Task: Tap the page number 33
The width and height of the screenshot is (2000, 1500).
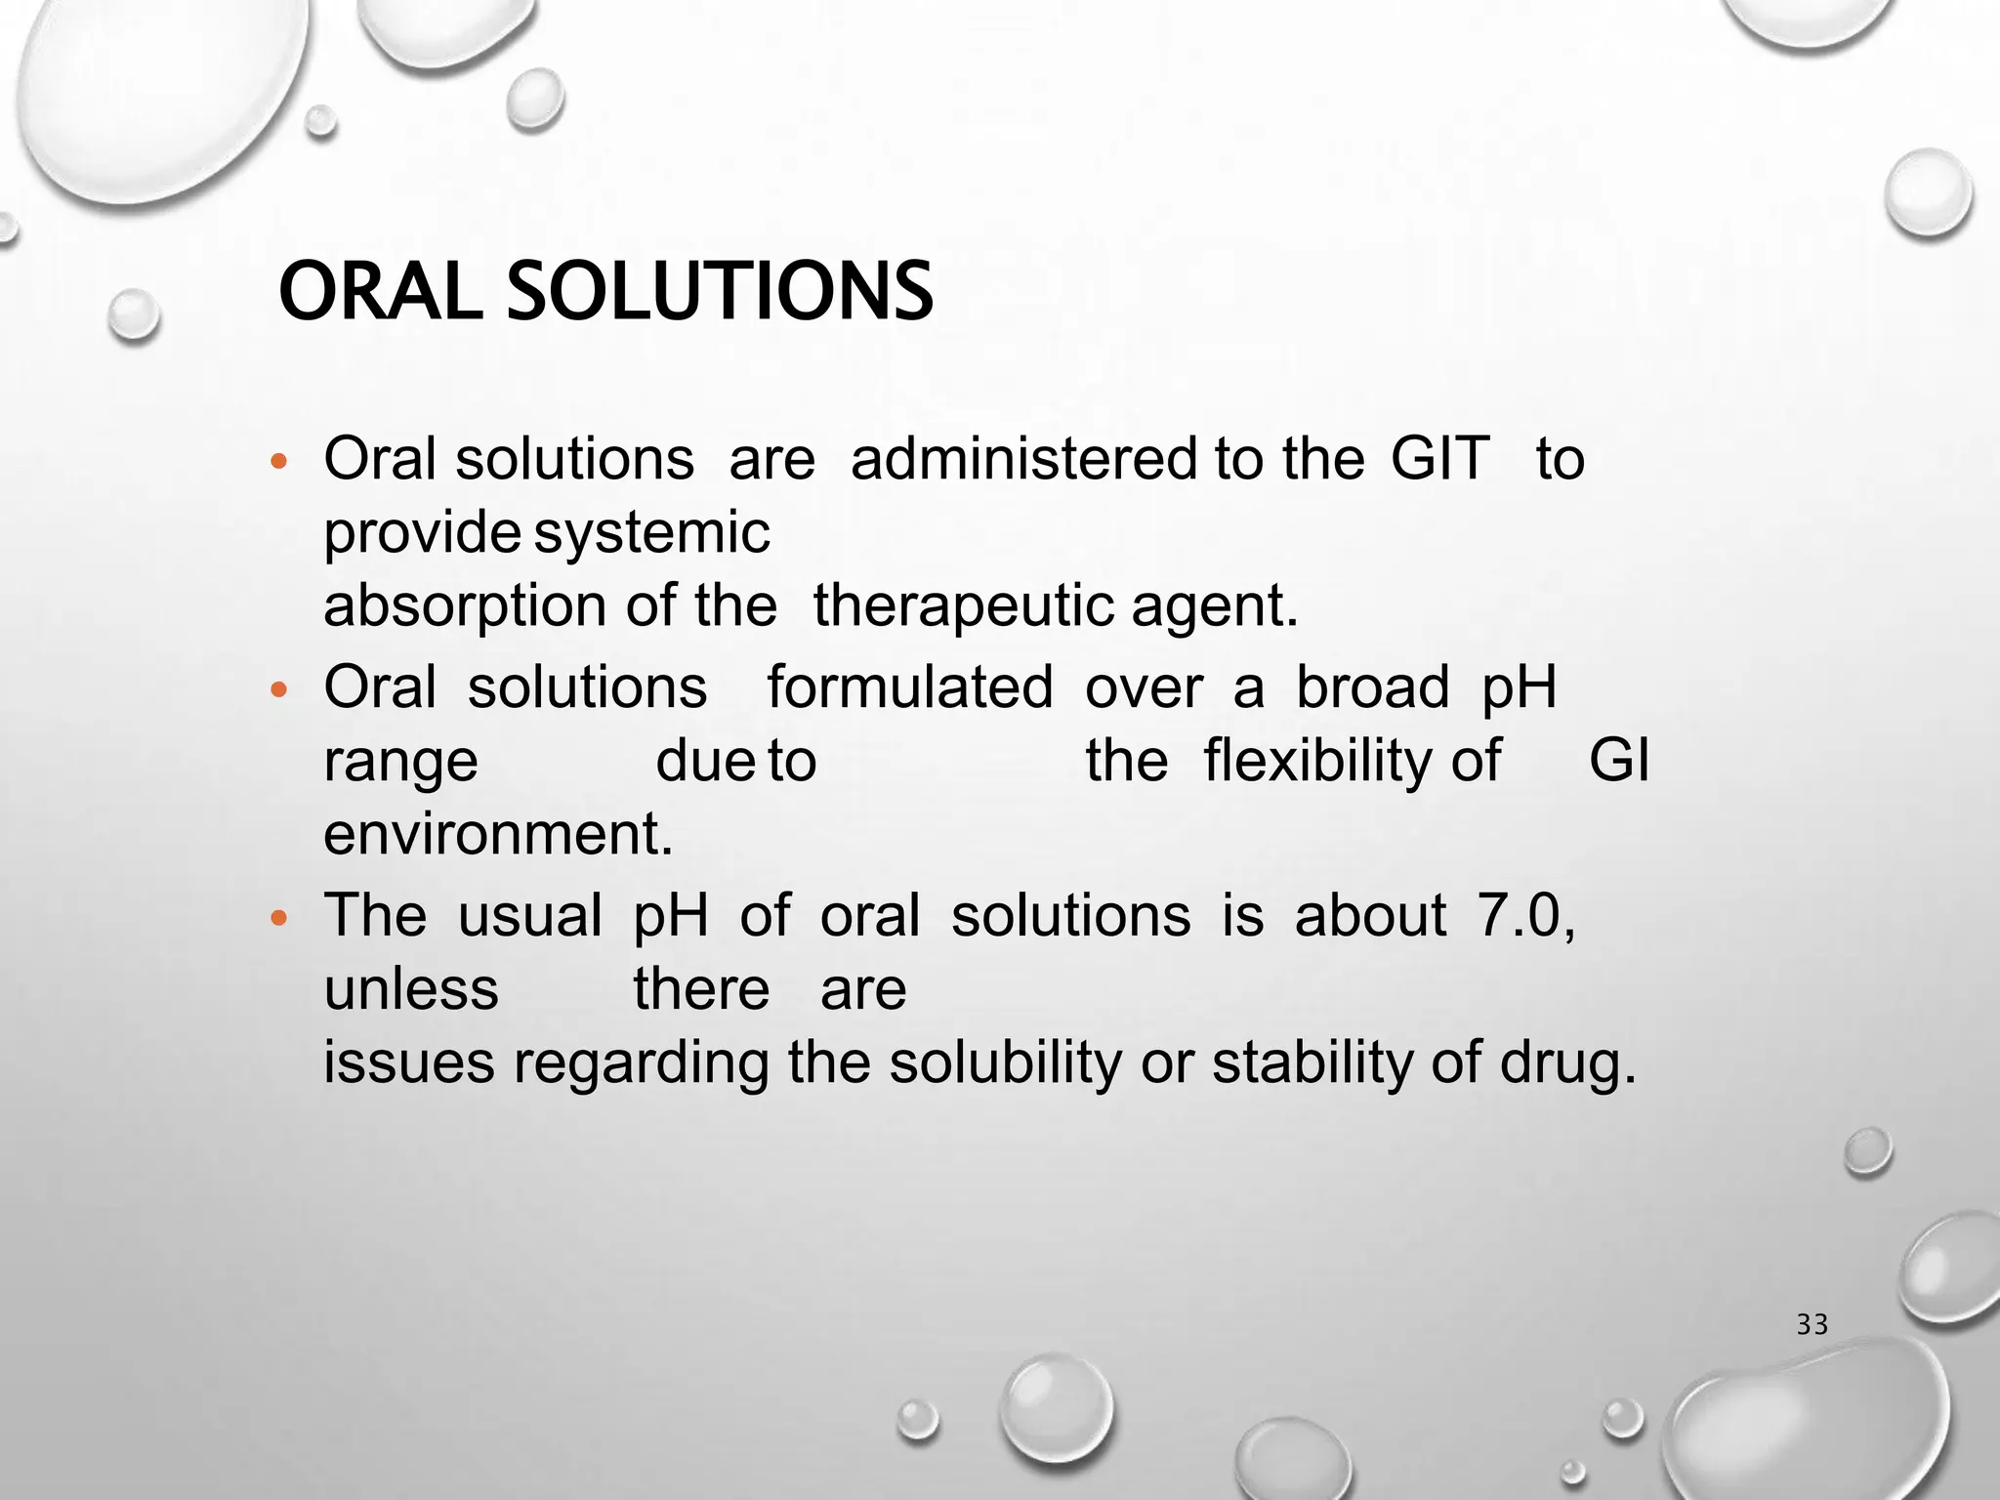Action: (1812, 1324)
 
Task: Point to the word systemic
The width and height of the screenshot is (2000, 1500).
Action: (652, 533)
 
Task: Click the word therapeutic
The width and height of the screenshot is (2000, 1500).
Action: (963, 605)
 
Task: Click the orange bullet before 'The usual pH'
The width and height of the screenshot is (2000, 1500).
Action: (279, 918)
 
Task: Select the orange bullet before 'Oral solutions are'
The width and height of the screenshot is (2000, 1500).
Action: (279, 461)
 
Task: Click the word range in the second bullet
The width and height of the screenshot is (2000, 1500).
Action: (400, 762)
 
